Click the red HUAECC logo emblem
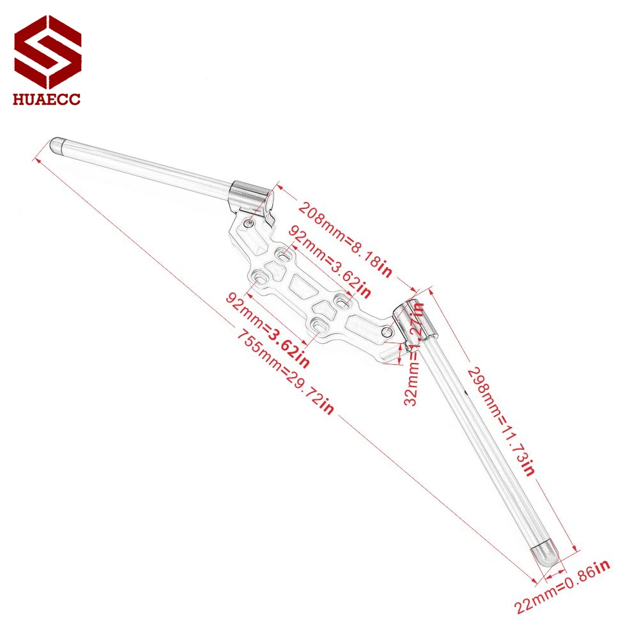(48, 52)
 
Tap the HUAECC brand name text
(47, 99)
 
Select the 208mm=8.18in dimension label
(345, 239)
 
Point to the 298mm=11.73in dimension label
(501, 421)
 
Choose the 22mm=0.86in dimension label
(562, 586)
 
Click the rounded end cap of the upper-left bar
(57, 146)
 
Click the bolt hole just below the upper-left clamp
(249, 223)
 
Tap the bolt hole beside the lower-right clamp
(387, 332)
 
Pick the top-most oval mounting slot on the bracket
(284, 256)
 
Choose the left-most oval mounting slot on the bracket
(260, 278)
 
